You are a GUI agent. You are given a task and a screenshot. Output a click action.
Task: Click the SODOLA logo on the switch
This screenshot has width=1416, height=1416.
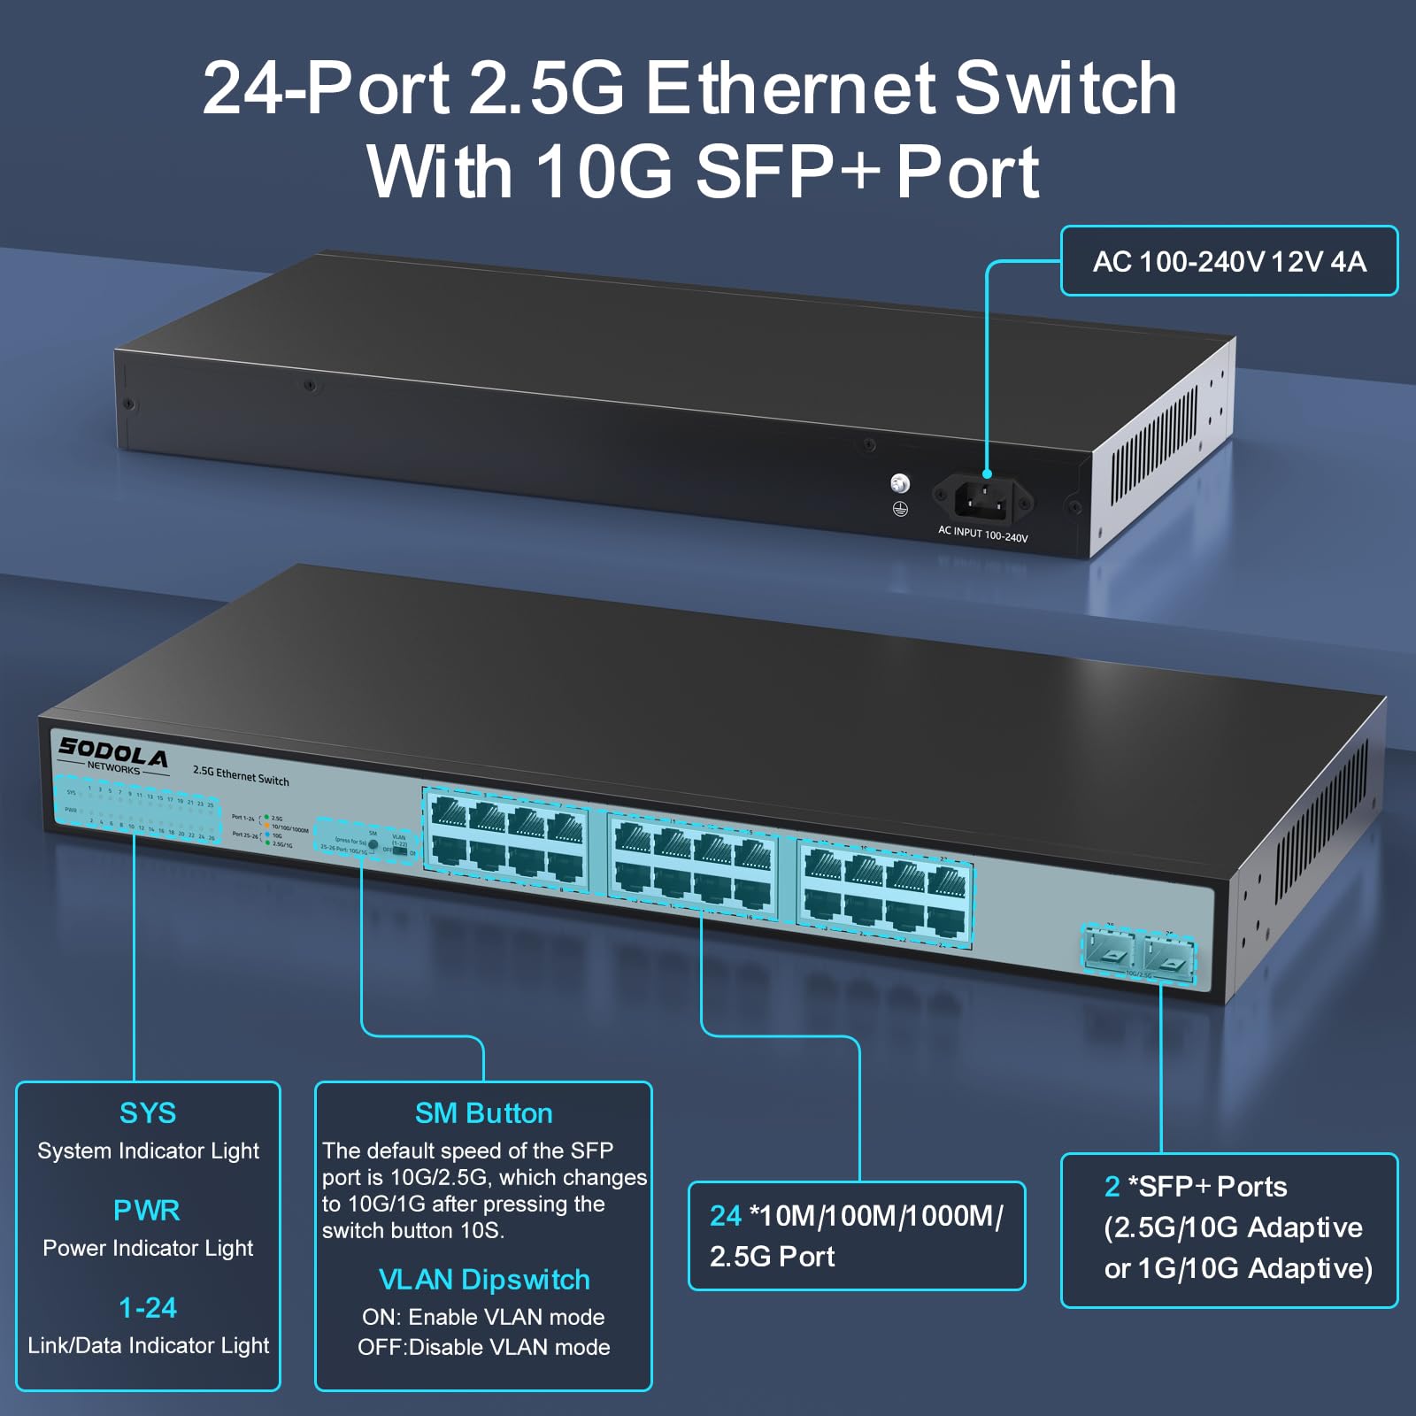(x=112, y=755)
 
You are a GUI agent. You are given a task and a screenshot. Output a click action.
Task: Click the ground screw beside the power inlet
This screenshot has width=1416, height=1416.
(x=900, y=483)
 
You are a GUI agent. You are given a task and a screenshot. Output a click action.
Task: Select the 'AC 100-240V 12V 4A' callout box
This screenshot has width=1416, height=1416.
(x=1228, y=261)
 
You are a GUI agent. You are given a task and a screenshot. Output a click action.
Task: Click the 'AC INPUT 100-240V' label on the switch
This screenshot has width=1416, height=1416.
(x=982, y=535)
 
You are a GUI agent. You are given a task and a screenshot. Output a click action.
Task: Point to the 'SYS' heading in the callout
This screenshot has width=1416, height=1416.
(x=148, y=1113)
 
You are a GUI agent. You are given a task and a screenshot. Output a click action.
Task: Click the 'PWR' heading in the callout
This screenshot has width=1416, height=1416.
(x=147, y=1210)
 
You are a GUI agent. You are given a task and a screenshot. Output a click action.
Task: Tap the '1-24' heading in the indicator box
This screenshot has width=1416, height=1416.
(x=148, y=1307)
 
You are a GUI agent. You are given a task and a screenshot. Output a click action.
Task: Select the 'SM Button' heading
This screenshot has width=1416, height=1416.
(x=483, y=1113)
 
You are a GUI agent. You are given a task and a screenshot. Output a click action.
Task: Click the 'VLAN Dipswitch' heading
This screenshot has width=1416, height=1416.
(x=483, y=1280)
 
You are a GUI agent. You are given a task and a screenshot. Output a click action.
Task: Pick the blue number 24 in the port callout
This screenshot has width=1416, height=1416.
(x=726, y=1216)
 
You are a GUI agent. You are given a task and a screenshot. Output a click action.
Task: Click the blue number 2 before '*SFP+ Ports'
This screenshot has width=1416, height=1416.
(x=1112, y=1187)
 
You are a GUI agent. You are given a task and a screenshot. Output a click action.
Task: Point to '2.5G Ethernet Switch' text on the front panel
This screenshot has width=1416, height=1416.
(x=241, y=776)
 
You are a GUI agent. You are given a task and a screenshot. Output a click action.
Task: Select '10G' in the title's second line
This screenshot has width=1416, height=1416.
(x=604, y=172)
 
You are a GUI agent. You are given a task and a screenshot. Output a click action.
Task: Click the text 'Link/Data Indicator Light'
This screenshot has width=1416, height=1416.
(x=148, y=1345)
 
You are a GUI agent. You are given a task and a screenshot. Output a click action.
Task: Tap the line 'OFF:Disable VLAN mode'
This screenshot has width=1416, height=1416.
(x=483, y=1347)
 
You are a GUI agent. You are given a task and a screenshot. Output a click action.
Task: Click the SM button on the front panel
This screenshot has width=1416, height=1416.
(x=373, y=845)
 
